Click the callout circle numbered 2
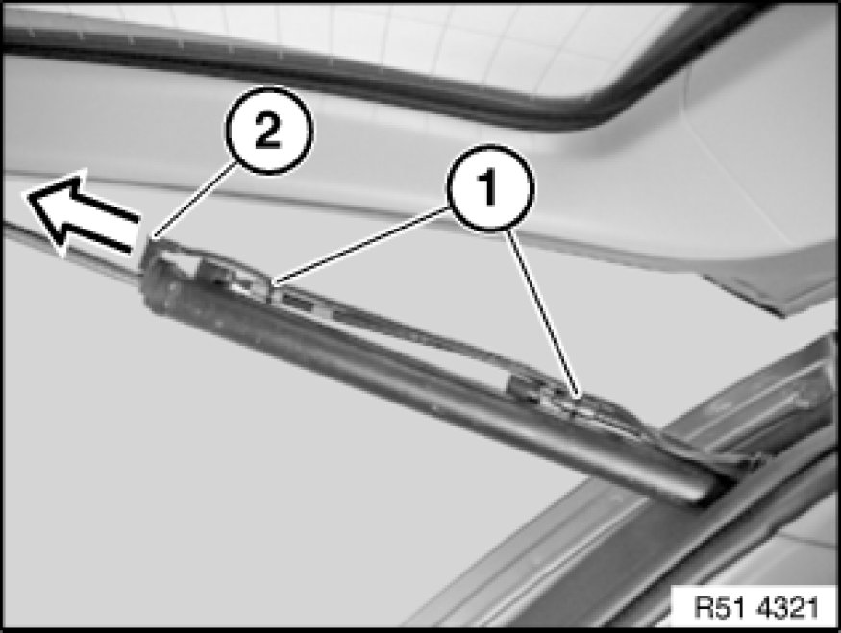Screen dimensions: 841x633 tap(268, 131)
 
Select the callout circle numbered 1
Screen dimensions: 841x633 tap(490, 187)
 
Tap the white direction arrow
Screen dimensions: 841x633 tap(82, 213)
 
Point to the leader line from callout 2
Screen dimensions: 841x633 tap(193, 200)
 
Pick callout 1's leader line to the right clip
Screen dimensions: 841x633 tap(542, 313)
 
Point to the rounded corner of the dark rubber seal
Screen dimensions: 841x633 tap(611, 105)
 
